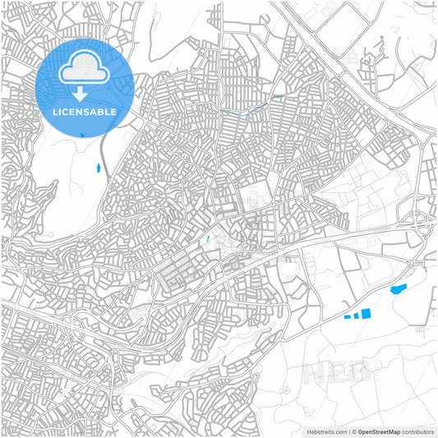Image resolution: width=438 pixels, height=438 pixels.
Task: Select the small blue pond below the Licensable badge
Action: (98, 168)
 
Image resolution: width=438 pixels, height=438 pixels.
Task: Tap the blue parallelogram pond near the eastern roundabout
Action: (399, 289)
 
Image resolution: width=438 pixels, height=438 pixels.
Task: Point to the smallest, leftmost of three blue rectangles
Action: (345, 316)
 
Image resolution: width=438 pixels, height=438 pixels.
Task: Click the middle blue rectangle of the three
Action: (354, 315)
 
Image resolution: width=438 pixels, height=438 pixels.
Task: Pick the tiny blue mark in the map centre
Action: (209, 239)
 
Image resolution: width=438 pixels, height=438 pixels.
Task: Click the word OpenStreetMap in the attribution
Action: (378, 431)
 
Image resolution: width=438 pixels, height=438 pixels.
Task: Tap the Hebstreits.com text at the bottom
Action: (325, 431)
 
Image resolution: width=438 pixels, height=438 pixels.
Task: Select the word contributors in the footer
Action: (418, 431)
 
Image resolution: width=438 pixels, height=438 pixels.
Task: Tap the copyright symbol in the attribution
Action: (352, 431)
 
